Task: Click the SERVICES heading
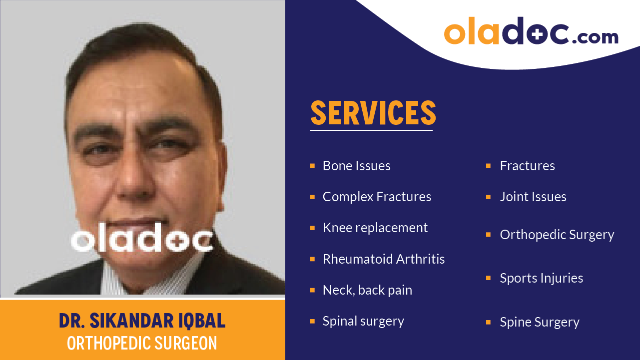[373, 113]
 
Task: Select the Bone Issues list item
[356, 166]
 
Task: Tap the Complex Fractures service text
[377, 197]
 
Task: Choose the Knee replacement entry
[375, 228]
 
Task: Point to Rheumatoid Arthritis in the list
[383, 259]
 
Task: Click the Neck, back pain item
[367, 290]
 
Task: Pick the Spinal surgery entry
[363, 321]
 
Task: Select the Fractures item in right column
[527, 166]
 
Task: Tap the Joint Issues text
[533, 197]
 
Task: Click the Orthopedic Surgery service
[557, 235]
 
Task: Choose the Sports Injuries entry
[541, 278]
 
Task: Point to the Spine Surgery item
[540, 322]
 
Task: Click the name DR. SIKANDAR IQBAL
[142, 321]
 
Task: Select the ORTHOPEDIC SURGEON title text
[142, 344]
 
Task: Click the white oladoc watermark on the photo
[142, 241]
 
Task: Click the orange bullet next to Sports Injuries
[489, 278]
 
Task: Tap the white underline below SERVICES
[371, 130]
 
